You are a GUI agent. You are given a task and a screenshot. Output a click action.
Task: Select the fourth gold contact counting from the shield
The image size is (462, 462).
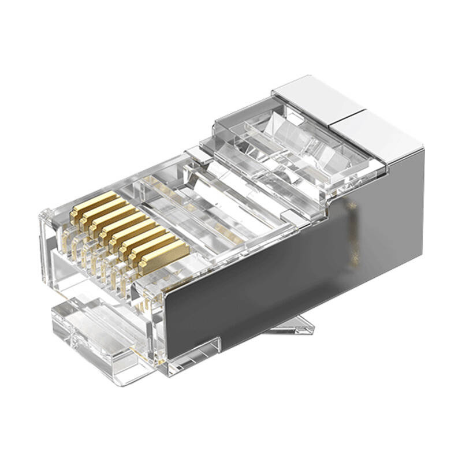click(x=134, y=236)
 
